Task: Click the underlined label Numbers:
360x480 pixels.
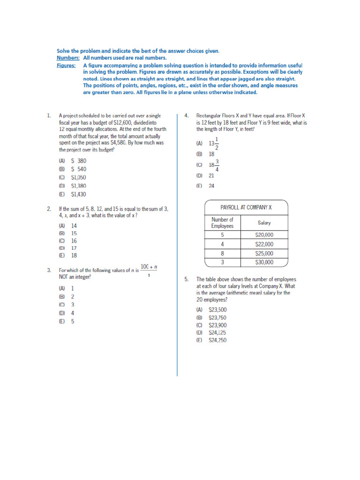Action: (68, 58)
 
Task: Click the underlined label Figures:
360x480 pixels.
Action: (67, 65)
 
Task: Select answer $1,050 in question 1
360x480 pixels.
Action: (78, 178)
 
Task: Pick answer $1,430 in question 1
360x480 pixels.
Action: (78, 195)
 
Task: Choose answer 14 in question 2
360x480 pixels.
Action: (74, 225)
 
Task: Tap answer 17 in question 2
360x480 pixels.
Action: (74, 248)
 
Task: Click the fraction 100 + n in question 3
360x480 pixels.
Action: (149, 270)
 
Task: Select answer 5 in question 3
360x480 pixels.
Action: (72, 322)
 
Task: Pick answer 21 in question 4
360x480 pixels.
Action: (211, 176)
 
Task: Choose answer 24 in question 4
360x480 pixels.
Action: (211, 186)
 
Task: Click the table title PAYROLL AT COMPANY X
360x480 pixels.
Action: (246, 207)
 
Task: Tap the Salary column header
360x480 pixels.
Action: (264, 223)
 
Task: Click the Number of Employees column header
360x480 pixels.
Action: (222, 223)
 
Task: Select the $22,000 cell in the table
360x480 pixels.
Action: (264, 244)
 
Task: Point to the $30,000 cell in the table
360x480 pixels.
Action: (264, 262)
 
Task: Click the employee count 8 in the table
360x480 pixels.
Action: (222, 253)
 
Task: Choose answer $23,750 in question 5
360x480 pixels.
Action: (217, 317)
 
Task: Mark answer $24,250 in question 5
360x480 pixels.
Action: (217, 340)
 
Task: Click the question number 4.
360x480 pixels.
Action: (186, 115)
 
